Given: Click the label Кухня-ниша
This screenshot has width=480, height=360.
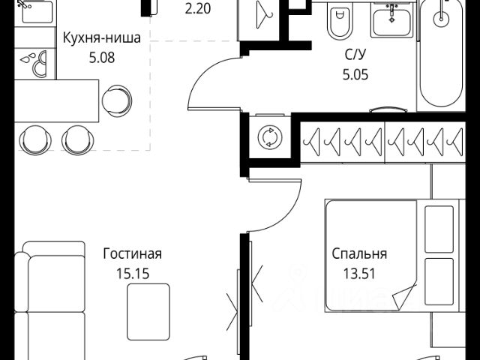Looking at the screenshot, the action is (x=101, y=40).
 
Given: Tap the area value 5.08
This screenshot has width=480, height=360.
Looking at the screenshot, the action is (x=101, y=57).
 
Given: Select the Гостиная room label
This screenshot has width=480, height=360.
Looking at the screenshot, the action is (x=133, y=254).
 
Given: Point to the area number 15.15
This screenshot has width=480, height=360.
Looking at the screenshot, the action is (x=133, y=272).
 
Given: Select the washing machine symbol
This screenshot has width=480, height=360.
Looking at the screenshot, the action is (x=268, y=137).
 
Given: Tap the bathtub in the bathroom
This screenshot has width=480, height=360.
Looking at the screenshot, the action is (x=443, y=52).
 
